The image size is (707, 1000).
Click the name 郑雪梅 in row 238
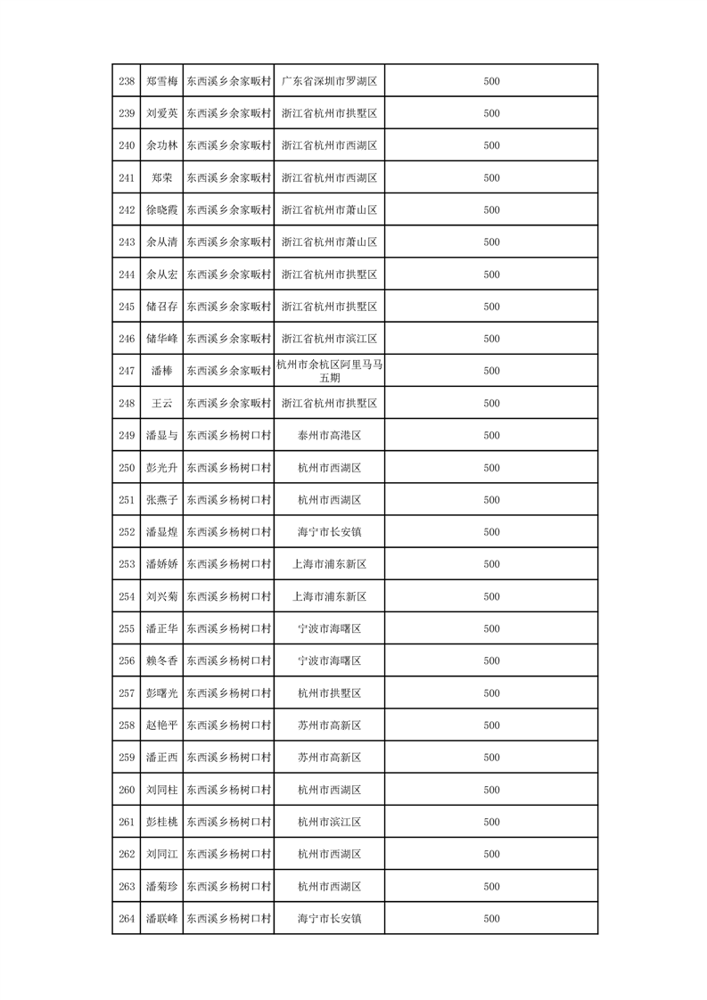click(161, 81)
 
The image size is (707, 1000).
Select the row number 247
click(127, 371)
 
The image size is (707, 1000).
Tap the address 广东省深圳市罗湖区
click(329, 81)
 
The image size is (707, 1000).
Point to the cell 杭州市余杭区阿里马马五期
click(329, 371)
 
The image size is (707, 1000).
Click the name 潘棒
click(161, 371)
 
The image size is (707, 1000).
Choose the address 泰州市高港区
click(329, 435)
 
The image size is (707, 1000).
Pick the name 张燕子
click(161, 500)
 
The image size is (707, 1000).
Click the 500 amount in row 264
click(491, 918)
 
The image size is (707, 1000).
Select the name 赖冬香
click(161, 660)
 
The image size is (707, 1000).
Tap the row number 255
click(127, 628)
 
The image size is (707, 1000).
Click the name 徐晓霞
click(161, 210)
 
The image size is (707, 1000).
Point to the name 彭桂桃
click(161, 822)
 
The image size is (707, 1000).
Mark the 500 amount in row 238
click(491, 81)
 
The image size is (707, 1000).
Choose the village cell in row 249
click(228, 435)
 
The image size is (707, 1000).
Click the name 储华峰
click(161, 339)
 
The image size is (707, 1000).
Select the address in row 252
click(329, 532)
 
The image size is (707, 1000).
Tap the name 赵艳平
click(161, 725)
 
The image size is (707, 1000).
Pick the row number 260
click(127, 790)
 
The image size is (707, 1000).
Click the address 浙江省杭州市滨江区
click(329, 339)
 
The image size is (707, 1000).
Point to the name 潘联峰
click(161, 918)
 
